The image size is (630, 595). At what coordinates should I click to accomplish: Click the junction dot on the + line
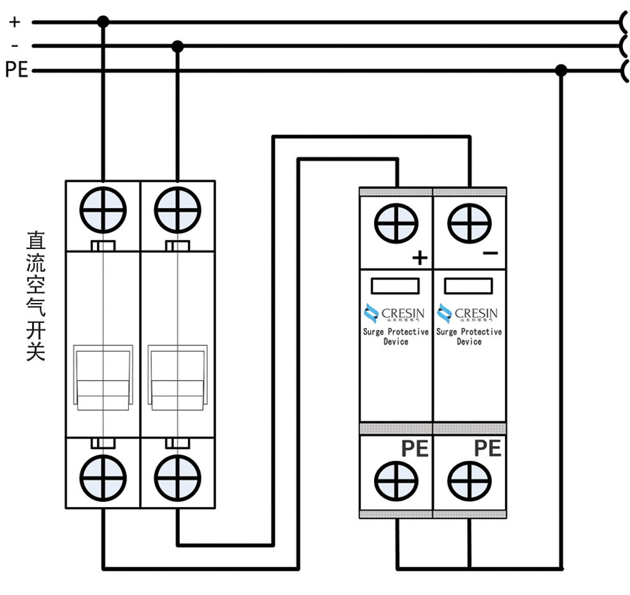[103, 22]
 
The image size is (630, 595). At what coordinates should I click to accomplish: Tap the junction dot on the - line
[178, 46]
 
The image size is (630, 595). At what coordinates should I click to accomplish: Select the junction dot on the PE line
[561, 70]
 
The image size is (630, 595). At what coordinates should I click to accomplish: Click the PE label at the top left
[17, 70]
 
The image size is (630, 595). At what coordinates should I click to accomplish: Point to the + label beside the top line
[14, 22]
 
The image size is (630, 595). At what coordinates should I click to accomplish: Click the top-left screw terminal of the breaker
[103, 210]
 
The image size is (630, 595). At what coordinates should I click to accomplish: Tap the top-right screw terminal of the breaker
[178, 210]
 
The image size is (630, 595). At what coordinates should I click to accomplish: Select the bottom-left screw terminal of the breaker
[103, 478]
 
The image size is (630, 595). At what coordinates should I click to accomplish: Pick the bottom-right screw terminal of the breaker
[178, 478]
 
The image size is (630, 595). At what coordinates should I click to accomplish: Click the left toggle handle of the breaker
[103, 377]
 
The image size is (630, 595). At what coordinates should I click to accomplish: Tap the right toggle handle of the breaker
[178, 377]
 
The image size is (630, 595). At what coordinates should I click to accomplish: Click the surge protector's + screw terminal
[396, 224]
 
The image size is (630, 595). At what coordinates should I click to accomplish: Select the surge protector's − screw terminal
[470, 224]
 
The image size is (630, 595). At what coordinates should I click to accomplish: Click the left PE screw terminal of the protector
[396, 481]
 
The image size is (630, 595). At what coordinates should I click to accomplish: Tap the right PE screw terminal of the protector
[470, 481]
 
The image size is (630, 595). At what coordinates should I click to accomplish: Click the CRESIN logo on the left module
[395, 313]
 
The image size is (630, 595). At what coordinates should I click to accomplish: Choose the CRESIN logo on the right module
[468, 313]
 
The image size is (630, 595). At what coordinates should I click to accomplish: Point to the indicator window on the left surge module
[396, 286]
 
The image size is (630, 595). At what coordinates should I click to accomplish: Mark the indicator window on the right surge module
[469, 286]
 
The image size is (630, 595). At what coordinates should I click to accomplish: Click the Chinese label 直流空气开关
[36, 295]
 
